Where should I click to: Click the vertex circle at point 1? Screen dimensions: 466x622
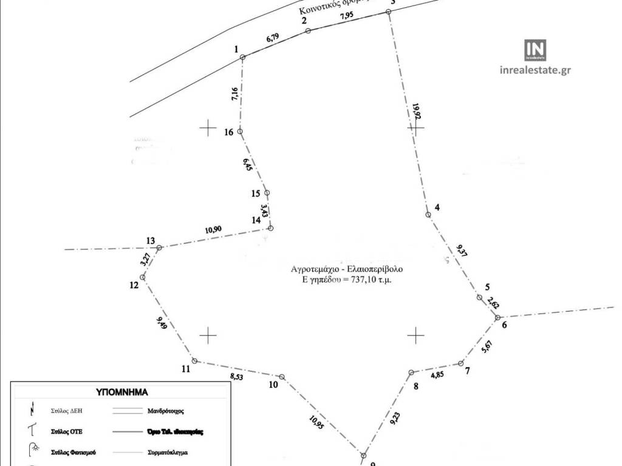click(242, 58)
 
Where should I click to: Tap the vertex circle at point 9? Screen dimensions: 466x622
click(364, 455)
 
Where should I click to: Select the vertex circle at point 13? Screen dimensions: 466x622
click(160, 248)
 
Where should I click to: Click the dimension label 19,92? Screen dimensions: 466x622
click(416, 113)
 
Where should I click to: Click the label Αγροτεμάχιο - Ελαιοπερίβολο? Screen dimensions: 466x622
click(347, 268)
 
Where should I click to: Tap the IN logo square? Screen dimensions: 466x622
click(535, 50)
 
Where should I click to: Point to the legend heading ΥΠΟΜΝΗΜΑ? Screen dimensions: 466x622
click(122, 392)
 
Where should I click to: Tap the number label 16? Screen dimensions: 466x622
click(229, 132)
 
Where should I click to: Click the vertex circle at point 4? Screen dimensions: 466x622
click(428, 214)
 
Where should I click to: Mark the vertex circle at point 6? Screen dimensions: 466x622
click(497, 317)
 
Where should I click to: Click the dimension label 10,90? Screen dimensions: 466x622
click(213, 229)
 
